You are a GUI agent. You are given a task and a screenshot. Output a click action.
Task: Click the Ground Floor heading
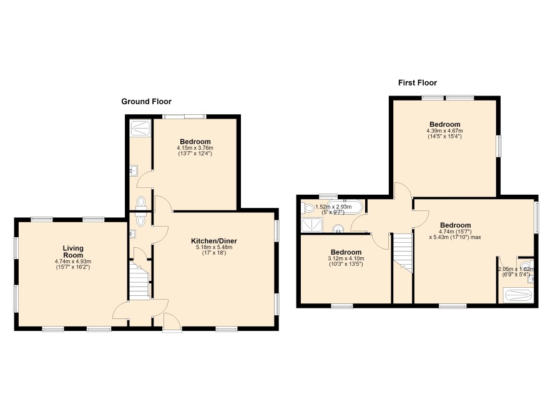pyautogui.click(x=146, y=102)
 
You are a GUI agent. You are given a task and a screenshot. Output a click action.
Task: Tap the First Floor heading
pyautogui.click(x=418, y=83)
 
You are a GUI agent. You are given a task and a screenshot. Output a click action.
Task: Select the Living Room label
pyautogui.click(x=73, y=252)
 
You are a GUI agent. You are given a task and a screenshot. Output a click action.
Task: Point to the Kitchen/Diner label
pyautogui.click(x=214, y=241)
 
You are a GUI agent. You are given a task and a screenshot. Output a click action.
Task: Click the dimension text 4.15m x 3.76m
pyautogui.click(x=195, y=148)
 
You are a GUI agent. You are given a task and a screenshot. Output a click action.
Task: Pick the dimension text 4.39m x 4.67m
pyautogui.click(x=445, y=131)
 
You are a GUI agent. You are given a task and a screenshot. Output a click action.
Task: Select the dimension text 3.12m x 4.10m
pyautogui.click(x=346, y=258)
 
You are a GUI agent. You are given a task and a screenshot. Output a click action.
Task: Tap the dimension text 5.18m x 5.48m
pyautogui.click(x=214, y=248)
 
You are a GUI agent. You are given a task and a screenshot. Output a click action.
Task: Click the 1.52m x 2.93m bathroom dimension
pyautogui.click(x=333, y=207)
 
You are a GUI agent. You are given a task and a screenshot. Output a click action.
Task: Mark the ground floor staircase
pyautogui.click(x=139, y=280)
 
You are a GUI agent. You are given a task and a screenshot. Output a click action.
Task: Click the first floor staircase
pyautogui.click(x=403, y=253)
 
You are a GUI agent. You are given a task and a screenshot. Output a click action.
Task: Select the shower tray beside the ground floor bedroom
pyautogui.click(x=140, y=127)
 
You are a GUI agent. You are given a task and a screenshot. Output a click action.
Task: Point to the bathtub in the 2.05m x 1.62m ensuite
pyautogui.click(x=518, y=295)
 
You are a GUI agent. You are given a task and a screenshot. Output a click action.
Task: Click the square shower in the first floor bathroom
pyautogui.click(x=312, y=225)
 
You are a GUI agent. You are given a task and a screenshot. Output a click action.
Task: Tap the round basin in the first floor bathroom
pyautogui.click(x=338, y=228)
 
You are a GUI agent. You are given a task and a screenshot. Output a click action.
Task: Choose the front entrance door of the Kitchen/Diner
pyautogui.click(x=172, y=322)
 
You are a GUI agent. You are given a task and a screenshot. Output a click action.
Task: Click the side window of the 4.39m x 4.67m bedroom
pyautogui.click(x=499, y=146)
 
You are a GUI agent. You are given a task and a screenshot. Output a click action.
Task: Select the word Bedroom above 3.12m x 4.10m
pyautogui.click(x=346, y=252)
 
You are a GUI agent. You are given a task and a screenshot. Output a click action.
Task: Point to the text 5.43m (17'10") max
pyautogui.click(x=455, y=237)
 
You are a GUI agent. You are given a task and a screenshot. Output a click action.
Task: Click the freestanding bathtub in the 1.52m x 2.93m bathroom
pyautogui.click(x=345, y=207)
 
